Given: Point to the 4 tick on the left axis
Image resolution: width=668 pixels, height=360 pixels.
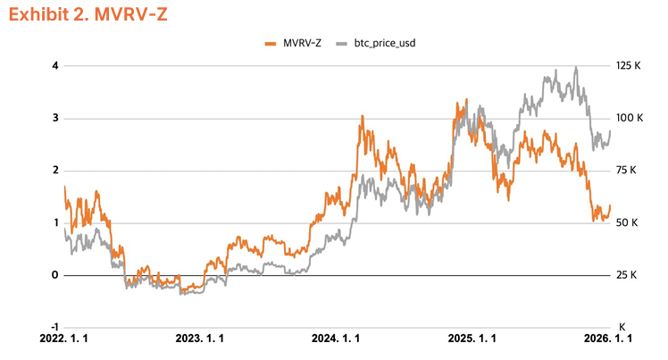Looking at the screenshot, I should coord(55,65).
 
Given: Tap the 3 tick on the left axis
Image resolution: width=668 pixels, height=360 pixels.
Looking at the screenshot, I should coord(55,118).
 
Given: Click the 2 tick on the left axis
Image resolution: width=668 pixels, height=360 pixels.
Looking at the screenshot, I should coord(55,170).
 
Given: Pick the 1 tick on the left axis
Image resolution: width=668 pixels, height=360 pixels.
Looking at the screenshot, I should coord(55,222).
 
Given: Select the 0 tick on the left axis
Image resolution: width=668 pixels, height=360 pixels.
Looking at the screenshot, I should coord(55,275).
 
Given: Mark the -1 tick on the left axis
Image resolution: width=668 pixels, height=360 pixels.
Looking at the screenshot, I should coord(54,327).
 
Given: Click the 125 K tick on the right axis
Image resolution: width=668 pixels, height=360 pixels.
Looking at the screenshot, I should coord(629,65).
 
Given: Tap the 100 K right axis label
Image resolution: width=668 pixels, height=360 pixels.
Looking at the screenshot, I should coord(629,118).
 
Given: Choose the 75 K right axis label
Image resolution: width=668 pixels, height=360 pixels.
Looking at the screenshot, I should coord(629,170).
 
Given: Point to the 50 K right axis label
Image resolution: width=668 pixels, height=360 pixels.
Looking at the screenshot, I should coord(629,222).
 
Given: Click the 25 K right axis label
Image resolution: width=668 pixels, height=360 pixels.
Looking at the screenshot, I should coord(629,275).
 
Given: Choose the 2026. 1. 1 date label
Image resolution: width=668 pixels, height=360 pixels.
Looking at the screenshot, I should coord(608,339).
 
